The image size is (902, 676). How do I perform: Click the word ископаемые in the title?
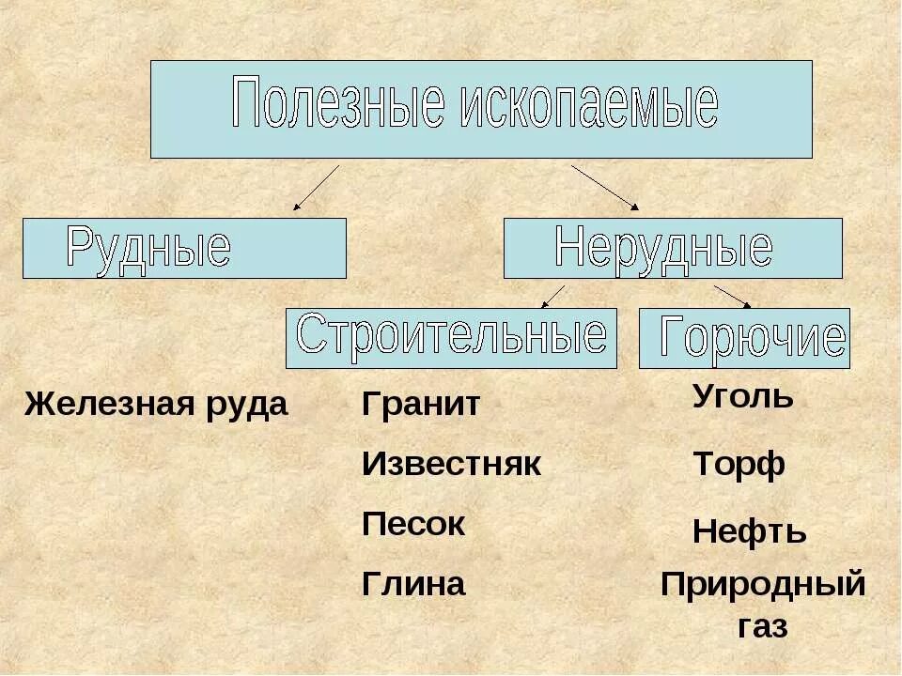point(590,106)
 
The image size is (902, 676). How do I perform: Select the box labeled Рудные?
point(184,248)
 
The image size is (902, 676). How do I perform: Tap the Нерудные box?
point(673,248)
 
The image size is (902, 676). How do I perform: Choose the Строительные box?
point(451,337)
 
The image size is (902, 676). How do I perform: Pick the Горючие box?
point(744,338)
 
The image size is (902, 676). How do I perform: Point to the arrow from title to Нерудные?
point(605,187)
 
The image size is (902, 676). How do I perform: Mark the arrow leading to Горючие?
point(732,295)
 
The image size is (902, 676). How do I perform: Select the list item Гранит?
point(421,405)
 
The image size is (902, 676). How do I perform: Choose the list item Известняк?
point(451,464)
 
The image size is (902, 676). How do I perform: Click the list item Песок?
point(413,524)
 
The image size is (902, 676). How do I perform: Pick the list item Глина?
point(413,584)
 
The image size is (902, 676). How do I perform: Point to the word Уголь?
point(742,397)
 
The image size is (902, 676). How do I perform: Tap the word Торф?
point(739,465)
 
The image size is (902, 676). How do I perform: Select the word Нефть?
point(749,532)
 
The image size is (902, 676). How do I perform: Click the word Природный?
point(763,584)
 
